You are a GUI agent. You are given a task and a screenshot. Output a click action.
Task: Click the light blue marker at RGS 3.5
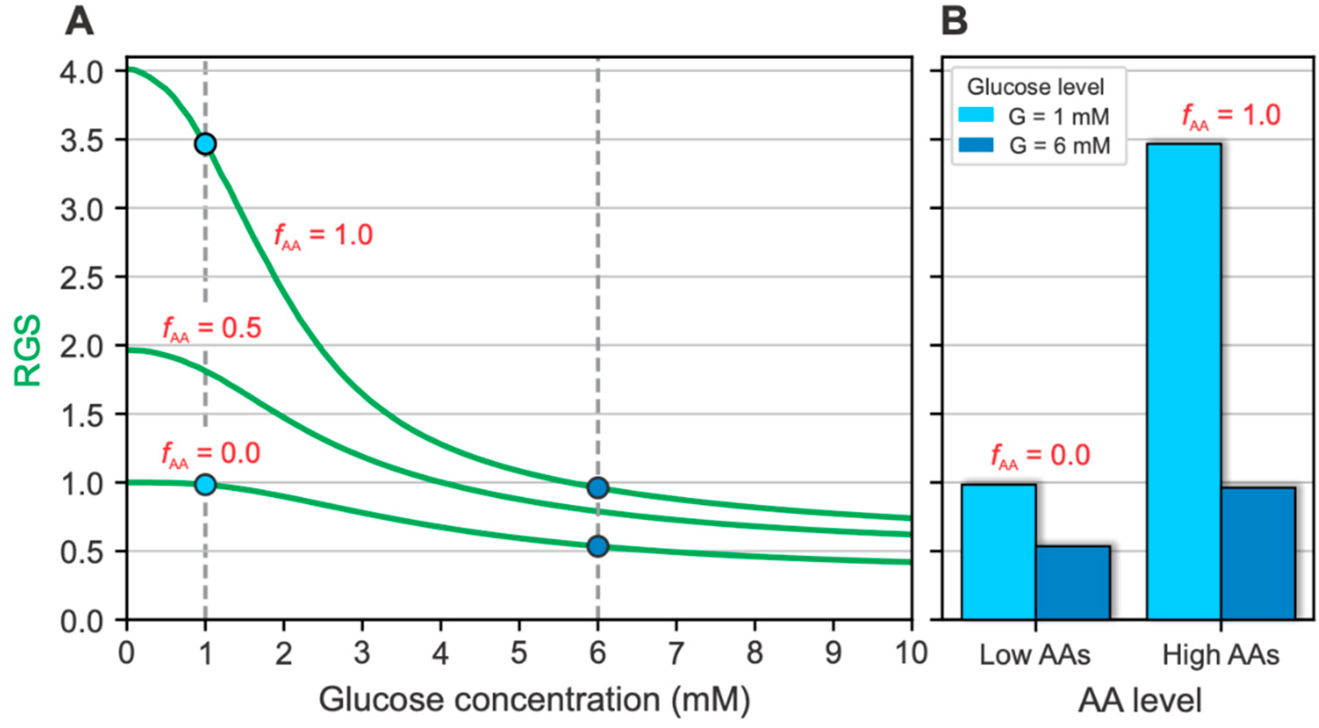(x=205, y=144)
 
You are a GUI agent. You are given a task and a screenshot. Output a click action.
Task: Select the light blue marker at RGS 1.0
(x=205, y=484)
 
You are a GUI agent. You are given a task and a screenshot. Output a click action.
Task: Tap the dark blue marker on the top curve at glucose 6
(x=598, y=487)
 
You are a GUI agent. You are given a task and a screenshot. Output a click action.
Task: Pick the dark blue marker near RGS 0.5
(x=598, y=546)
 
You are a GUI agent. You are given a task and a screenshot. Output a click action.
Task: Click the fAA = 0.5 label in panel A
(x=212, y=329)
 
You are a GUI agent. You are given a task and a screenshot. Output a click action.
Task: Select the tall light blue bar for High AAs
(x=1184, y=381)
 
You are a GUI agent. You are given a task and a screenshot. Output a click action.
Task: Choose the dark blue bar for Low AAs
(x=1073, y=583)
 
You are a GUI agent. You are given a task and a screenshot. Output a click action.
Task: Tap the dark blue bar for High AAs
(x=1258, y=553)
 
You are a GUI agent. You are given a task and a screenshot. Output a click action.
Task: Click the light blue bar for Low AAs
(x=998, y=552)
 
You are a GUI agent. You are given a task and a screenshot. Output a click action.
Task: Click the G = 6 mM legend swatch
(x=976, y=145)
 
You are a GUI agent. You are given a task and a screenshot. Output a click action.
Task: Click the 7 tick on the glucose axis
(x=676, y=653)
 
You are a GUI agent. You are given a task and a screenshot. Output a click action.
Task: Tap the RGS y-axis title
(x=27, y=350)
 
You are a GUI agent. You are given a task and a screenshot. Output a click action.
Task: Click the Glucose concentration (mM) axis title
(x=534, y=700)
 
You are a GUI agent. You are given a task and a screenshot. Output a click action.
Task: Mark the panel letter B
(x=955, y=22)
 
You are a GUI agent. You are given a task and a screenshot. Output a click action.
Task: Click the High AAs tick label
(x=1221, y=655)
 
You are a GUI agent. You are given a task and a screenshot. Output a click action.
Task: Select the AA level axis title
(x=1140, y=701)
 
